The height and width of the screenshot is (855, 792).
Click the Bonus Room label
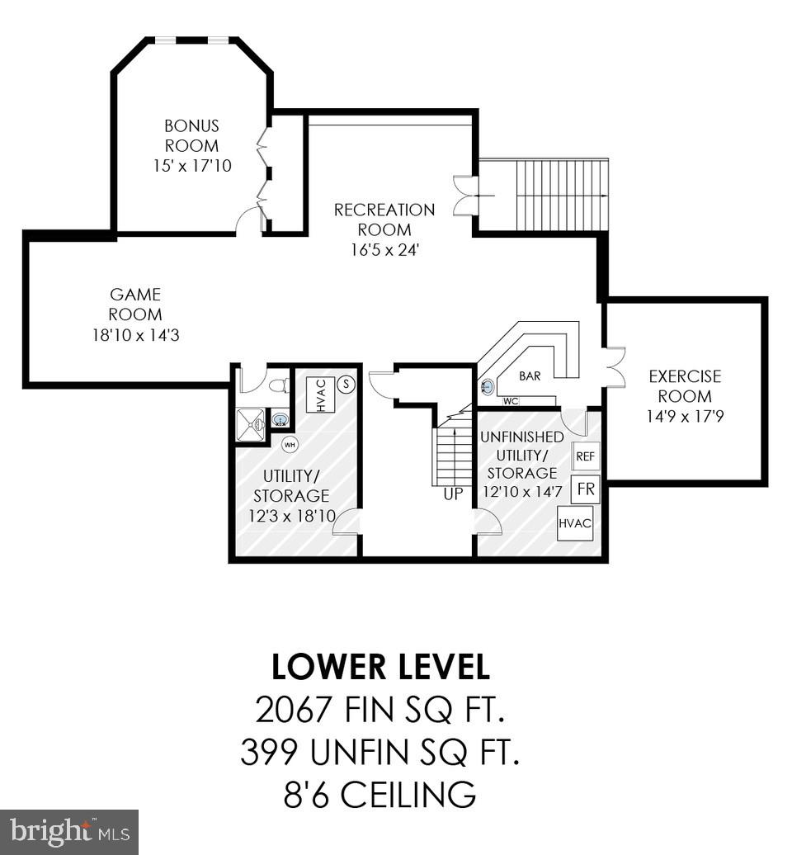(191, 136)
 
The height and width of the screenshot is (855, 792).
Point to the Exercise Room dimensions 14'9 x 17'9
(685, 417)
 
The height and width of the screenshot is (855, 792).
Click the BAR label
(530, 376)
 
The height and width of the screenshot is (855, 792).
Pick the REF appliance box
(585, 456)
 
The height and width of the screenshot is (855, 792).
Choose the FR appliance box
(586, 489)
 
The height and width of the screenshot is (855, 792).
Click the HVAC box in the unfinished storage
(575, 523)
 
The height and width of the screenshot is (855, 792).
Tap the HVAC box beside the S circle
(321, 394)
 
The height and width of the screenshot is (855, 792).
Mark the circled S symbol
(346, 384)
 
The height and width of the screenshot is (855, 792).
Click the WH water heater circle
(290, 445)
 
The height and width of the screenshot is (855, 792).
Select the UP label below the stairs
(453, 494)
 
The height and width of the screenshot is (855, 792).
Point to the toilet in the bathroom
(278, 385)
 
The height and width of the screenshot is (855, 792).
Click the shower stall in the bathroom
(251, 426)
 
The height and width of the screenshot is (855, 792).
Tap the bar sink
(487, 385)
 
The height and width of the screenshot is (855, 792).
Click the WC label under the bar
(511, 401)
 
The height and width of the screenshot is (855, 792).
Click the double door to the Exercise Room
(613, 367)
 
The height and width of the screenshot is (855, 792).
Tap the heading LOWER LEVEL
(380, 667)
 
